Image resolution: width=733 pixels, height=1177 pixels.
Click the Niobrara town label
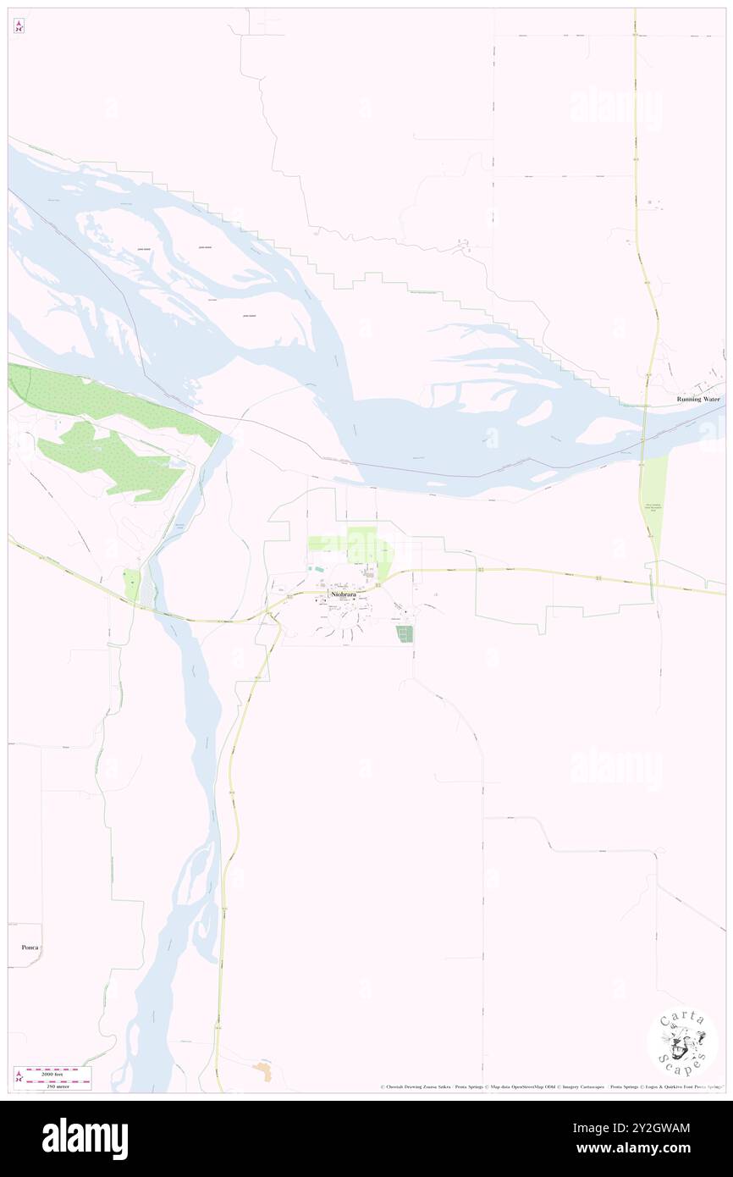point(343,595)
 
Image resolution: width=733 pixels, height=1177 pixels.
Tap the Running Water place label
point(697,399)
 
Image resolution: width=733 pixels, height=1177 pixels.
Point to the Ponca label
point(30,947)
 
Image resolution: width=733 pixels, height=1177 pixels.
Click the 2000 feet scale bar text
point(58,1071)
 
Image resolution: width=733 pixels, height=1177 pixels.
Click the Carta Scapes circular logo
point(682,1042)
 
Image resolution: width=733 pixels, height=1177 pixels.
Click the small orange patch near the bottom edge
point(263,1071)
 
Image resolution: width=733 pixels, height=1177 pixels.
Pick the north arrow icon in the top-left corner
point(19,27)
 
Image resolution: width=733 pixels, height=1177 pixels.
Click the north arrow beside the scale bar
point(19,1077)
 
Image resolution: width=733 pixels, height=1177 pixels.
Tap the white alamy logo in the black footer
point(85,1139)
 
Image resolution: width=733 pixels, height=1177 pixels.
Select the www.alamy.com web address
point(643,1148)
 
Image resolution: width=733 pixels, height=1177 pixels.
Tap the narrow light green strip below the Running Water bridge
point(653,504)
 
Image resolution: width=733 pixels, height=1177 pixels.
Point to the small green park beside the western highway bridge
point(131,585)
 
